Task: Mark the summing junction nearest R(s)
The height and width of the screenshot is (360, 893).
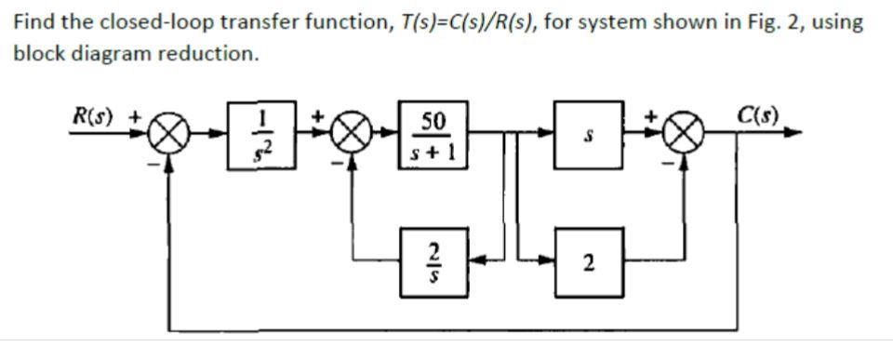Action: [x=168, y=137]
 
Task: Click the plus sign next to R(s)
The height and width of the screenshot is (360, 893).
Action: [x=136, y=119]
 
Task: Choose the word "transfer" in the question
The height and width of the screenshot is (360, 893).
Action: [x=237, y=20]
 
